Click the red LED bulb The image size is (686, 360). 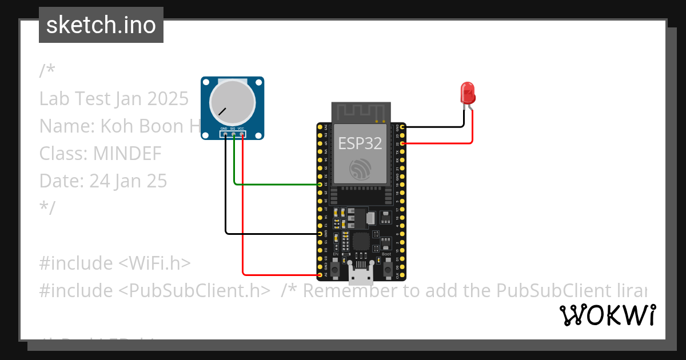[x=467, y=92]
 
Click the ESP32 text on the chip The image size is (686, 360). [x=360, y=143]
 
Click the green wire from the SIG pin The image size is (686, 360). [x=274, y=185]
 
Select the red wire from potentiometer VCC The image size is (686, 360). [x=244, y=217]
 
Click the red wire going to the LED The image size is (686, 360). [x=446, y=143]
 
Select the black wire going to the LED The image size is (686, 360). [x=434, y=126]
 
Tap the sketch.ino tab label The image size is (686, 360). [x=101, y=25]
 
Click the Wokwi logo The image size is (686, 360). [x=607, y=315]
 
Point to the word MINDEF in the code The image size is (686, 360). [x=127, y=154]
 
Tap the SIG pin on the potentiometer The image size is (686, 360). [x=233, y=134]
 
